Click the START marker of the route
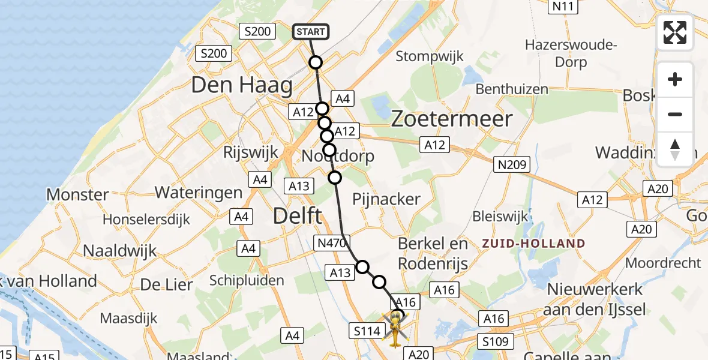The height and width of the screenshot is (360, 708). click(311, 31)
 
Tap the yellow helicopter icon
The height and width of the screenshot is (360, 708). click(395, 329)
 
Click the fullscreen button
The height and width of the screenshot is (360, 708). click(675, 32)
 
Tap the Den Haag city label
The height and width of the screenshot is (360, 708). click(242, 85)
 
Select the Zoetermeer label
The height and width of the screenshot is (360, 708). click(452, 118)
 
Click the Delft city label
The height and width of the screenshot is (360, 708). click(299, 216)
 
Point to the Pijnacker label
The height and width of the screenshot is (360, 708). click(386, 199)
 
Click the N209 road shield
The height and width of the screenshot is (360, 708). click(512, 164)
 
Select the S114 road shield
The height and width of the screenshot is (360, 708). click(365, 329)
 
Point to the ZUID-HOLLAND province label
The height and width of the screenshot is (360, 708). click(533, 244)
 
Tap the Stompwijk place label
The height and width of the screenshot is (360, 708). click(430, 56)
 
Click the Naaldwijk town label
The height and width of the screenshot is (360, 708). click(120, 250)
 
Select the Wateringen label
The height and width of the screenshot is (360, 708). click(199, 193)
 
